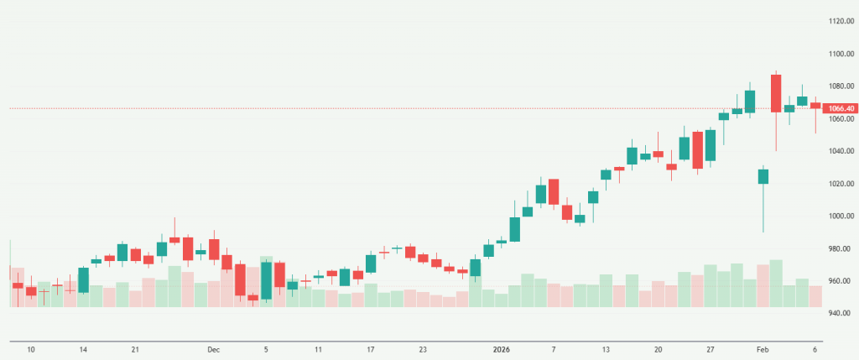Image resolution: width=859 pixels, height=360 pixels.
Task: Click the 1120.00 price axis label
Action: pos(840,21)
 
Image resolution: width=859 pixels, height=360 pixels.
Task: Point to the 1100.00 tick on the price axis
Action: pos(840,54)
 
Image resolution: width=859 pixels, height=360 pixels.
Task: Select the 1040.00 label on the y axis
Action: pos(840,151)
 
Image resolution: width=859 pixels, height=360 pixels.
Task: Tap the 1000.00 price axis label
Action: pos(840,217)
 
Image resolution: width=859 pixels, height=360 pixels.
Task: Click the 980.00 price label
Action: pos(840,249)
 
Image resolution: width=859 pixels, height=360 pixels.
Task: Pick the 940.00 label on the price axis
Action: pos(840,314)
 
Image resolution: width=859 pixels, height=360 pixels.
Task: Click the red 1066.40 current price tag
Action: pos(840,108)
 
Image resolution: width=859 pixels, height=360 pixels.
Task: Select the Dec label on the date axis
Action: pos(213,349)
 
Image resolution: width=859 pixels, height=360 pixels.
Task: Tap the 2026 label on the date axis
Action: pos(500,349)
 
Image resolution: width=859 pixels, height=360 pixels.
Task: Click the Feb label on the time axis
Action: pos(763,349)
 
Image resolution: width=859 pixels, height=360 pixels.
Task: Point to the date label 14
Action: pos(83,349)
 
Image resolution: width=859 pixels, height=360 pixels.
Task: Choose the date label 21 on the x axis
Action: pos(135,349)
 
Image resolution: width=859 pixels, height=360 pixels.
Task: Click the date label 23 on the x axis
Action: pos(423,349)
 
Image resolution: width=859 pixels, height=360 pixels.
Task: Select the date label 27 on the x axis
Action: pos(711,349)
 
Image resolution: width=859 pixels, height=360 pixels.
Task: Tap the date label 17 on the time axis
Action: pos(371,349)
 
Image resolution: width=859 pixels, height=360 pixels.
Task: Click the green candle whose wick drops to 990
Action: pos(763,176)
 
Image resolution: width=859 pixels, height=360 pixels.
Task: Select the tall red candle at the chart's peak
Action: pos(776,92)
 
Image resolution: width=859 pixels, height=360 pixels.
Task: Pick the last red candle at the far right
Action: pos(815,106)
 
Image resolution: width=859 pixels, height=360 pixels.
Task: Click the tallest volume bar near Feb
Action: pos(776,283)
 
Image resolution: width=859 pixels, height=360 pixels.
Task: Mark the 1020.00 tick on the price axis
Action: pos(840,184)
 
